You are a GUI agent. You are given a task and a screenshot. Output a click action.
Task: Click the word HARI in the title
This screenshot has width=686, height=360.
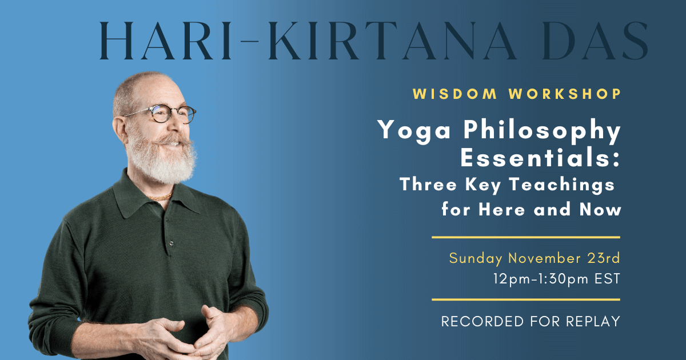166,41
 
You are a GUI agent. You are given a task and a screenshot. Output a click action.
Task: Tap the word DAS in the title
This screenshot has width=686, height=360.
596,41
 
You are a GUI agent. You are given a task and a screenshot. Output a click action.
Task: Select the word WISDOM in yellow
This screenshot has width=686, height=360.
455,94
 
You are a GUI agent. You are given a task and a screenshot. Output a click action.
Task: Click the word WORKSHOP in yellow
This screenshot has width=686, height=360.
565,94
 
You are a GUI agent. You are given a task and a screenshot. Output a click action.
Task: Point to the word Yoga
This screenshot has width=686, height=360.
414,131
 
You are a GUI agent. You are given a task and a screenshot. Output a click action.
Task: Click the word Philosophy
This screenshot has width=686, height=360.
542,131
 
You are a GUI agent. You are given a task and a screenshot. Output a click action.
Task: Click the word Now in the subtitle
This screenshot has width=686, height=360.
600,210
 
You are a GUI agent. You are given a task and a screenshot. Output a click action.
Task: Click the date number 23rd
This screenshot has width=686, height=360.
604,258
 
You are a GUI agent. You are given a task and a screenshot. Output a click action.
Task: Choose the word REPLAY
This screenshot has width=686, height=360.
593,321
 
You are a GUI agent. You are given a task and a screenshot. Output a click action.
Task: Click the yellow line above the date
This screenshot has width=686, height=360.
526,237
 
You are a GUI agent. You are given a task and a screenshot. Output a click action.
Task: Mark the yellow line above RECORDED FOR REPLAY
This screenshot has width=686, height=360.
526,299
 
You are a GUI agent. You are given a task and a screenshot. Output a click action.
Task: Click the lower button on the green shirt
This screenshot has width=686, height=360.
171,243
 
